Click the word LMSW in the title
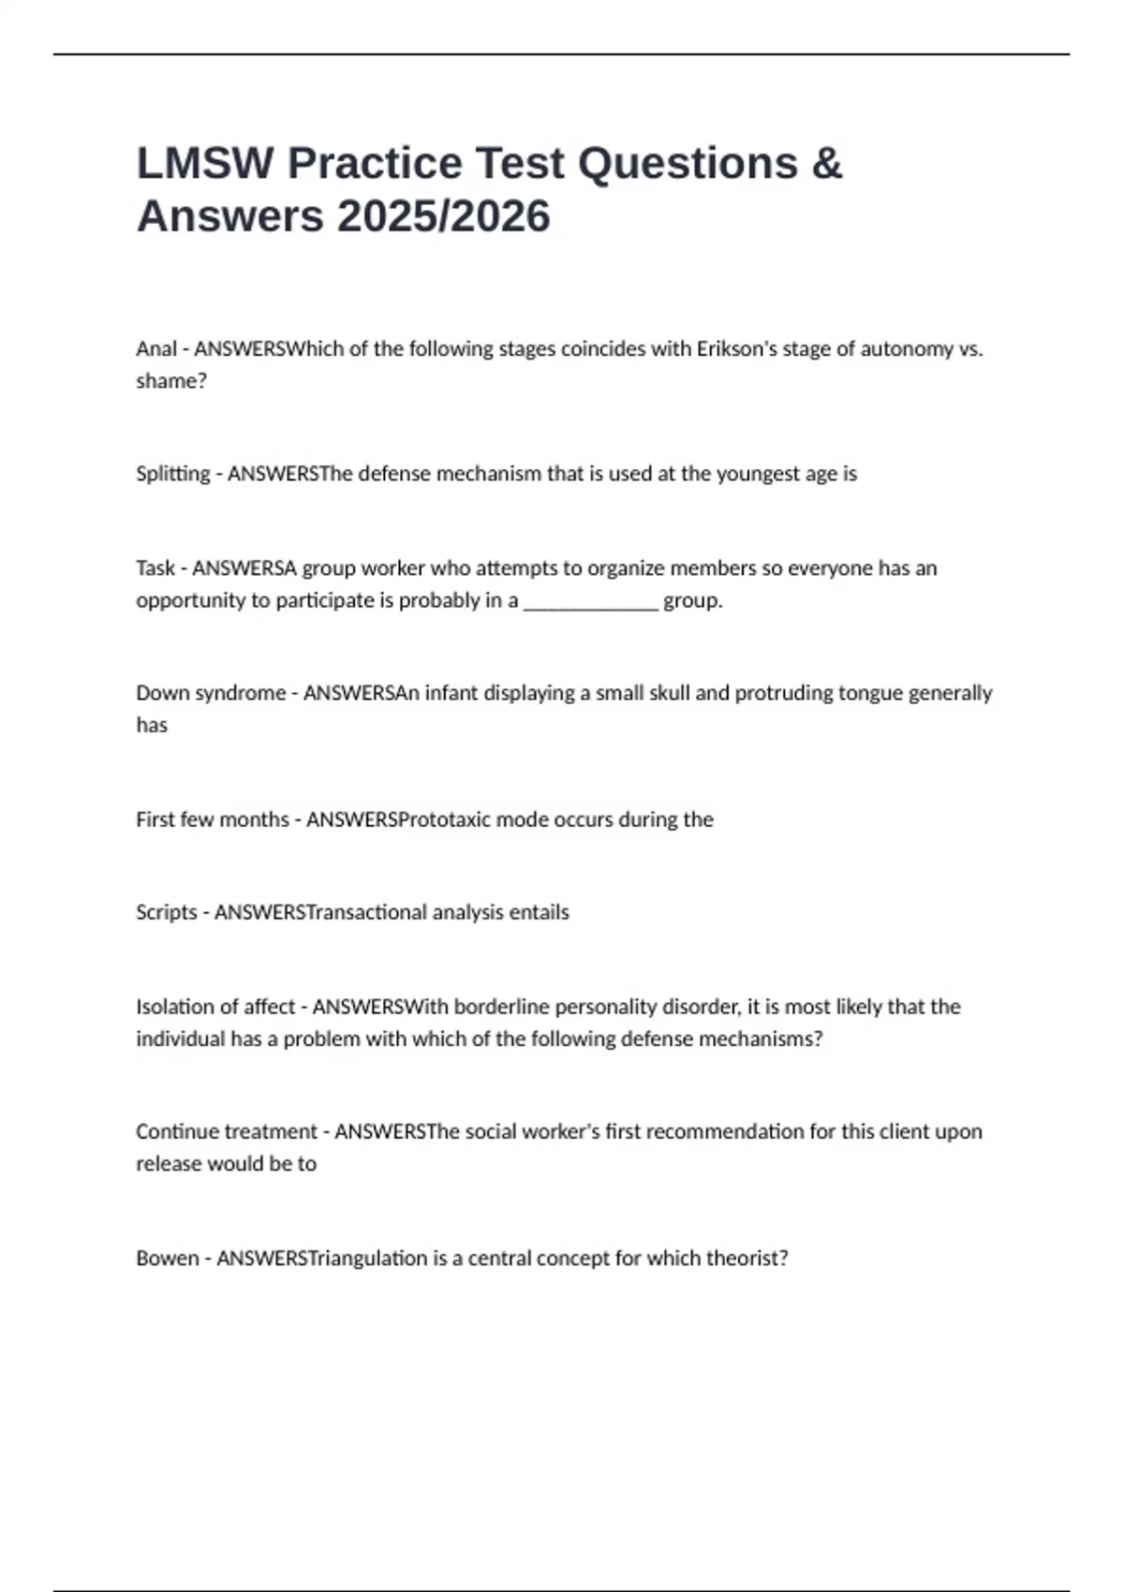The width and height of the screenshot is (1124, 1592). coord(205,164)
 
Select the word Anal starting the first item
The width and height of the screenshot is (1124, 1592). coord(155,349)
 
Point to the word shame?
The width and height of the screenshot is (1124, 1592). coord(171,381)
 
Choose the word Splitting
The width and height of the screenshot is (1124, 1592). coord(173,474)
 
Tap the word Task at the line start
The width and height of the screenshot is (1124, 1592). coord(155,568)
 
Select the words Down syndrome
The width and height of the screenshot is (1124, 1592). coord(211,693)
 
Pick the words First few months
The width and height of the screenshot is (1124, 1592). coord(213,819)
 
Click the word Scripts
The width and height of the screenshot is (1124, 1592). coord(167,912)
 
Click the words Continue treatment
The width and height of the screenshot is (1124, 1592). coord(227,1131)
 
